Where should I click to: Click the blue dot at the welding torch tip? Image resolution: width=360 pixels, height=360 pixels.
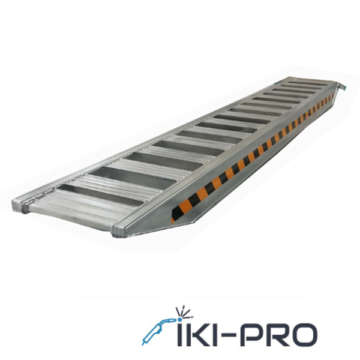coord(179,319)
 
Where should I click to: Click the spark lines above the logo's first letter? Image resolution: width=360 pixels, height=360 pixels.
coord(183,312)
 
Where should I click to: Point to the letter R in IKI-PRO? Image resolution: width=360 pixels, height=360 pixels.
coord(275,335)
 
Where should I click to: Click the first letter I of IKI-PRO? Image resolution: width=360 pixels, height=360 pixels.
coord(179,335)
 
